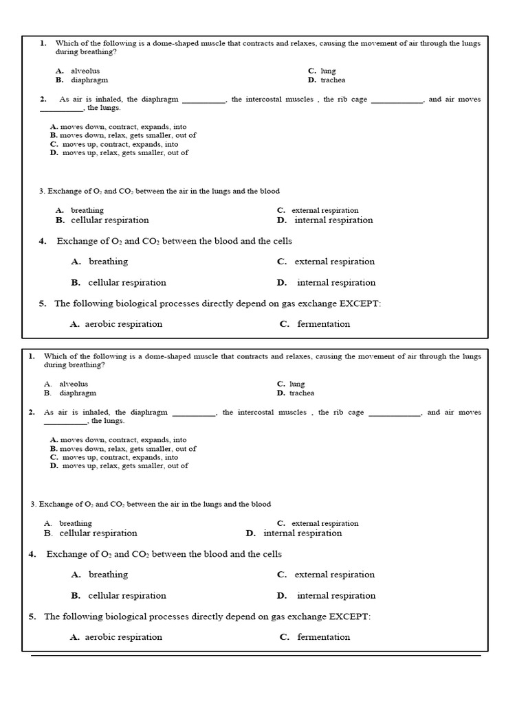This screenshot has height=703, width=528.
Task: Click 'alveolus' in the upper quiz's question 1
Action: point(85,71)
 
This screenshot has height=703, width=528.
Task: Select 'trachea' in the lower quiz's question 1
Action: point(301,393)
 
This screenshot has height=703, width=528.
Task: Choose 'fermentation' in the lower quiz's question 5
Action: point(323,637)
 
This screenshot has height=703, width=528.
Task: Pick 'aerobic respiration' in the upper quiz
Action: point(123,324)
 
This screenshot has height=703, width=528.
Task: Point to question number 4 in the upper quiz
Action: point(43,241)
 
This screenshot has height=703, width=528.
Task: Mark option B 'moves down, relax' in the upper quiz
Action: point(123,135)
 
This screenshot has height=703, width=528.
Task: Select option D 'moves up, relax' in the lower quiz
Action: point(119,465)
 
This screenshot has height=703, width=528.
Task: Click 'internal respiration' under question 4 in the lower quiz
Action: point(336,596)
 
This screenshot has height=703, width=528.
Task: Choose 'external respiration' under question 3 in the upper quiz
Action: point(324,211)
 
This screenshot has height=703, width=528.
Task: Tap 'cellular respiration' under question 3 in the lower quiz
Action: point(98,533)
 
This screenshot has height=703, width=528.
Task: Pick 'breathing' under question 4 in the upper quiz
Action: point(108,262)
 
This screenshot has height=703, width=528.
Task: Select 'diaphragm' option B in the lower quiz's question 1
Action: point(78,393)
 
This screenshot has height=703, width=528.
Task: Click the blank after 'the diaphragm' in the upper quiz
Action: point(203,100)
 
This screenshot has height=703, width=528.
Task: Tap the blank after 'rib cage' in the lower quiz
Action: point(394,413)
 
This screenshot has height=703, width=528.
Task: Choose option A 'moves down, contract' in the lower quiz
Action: point(118,440)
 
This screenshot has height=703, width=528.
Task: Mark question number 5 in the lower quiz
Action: point(32,616)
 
